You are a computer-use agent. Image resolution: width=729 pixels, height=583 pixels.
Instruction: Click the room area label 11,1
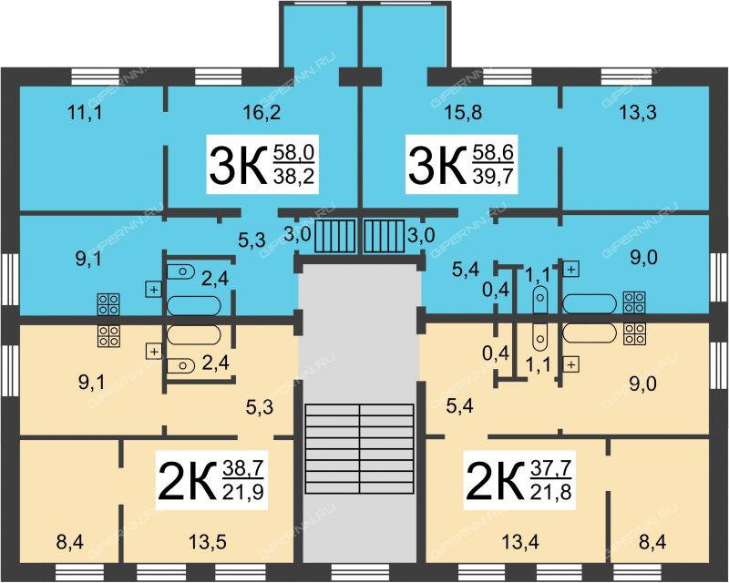[x=86, y=112]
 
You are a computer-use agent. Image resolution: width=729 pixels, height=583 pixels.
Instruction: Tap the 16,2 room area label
[x=262, y=112]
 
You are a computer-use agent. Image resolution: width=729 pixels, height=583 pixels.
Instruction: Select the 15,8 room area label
[x=463, y=112]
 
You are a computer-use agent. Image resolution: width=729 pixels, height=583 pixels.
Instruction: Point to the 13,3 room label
[x=638, y=112]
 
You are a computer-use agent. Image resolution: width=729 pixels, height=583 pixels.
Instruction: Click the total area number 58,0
[x=293, y=152]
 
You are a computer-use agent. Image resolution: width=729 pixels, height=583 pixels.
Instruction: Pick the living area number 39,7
[x=493, y=176]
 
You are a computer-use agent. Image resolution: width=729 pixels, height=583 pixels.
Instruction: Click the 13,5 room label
[x=208, y=542]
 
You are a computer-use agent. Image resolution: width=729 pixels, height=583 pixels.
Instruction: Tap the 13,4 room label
[x=520, y=542]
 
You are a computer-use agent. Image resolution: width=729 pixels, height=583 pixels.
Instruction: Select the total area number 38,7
[x=243, y=468]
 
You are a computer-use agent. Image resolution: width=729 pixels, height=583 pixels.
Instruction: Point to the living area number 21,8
[x=550, y=491]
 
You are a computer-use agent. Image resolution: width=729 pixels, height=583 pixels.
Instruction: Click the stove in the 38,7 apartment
[x=108, y=336]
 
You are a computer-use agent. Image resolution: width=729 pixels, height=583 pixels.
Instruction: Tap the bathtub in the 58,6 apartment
[x=590, y=303]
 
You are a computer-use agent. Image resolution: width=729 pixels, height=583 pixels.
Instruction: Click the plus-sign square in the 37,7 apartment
[x=571, y=364]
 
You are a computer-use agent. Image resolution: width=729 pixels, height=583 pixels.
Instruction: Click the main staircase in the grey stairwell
[x=359, y=449]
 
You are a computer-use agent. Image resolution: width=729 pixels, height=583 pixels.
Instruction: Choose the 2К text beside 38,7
[x=188, y=480]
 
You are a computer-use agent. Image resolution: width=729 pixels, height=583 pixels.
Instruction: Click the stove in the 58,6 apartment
[x=634, y=302]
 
